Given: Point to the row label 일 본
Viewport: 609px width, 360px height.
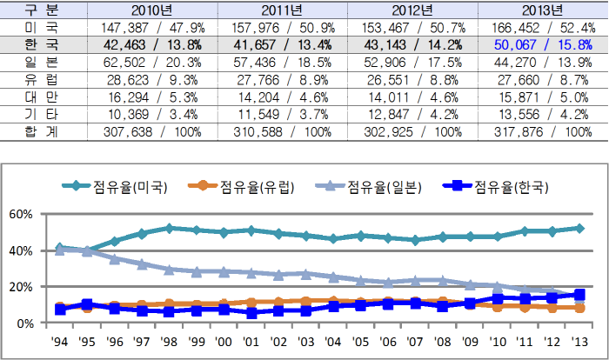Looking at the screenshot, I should pyautogui.click(x=37, y=63).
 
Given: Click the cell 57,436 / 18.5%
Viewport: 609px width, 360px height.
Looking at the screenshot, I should pyautogui.click(x=282, y=63).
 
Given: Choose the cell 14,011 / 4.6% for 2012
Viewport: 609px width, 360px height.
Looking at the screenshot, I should pyautogui.click(x=412, y=97).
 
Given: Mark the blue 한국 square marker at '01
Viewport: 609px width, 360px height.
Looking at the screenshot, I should pyautogui.click(x=251, y=313).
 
